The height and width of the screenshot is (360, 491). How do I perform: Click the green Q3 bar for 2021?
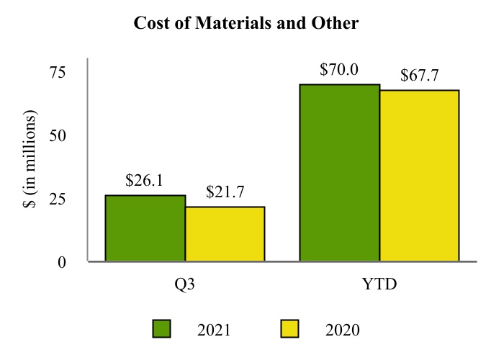(x=145, y=228)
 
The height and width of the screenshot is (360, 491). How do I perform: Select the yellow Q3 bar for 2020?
(x=225, y=234)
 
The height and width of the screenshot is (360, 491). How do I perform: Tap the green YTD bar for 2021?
(x=340, y=173)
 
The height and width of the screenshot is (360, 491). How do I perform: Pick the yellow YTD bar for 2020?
(x=419, y=176)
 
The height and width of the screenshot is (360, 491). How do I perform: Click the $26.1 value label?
(x=144, y=181)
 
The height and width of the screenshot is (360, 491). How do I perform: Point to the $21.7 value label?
(x=224, y=192)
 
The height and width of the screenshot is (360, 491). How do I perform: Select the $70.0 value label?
(x=339, y=70)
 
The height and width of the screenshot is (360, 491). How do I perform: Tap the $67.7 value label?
(x=420, y=76)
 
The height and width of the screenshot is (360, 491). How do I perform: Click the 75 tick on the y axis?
(x=57, y=72)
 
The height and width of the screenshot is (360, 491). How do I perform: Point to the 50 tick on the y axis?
(x=57, y=135)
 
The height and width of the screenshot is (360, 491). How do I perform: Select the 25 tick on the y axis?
(x=57, y=199)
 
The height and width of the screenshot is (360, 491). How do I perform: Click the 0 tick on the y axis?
(x=62, y=262)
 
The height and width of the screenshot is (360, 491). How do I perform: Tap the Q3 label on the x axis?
(x=185, y=284)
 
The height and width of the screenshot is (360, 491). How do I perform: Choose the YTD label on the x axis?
(x=379, y=284)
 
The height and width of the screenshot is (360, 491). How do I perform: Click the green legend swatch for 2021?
(x=161, y=329)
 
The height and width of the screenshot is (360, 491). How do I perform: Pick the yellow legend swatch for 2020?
(x=289, y=329)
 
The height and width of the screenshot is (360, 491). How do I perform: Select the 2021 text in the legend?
(x=214, y=330)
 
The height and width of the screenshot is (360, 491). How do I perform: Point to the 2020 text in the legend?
(x=342, y=330)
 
